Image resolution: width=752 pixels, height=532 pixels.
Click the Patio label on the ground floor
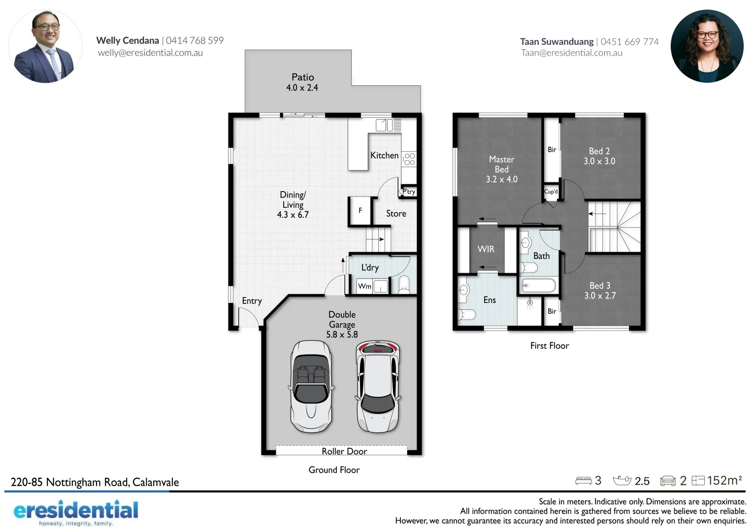coord(302,77)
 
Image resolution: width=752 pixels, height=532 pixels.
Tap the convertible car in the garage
coord(310,387)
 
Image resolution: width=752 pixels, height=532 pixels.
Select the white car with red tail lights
coord(378,387)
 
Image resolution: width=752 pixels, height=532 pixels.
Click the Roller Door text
coord(344,451)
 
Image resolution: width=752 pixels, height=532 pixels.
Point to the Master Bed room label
coord(501,165)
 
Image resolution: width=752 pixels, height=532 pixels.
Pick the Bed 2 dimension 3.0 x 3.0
coord(599,161)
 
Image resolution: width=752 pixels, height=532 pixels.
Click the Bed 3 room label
coord(600,286)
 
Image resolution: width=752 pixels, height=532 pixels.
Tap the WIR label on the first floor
coord(486,249)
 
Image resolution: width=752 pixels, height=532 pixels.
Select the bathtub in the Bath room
coord(538,285)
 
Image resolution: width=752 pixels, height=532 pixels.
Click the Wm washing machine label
coord(364,286)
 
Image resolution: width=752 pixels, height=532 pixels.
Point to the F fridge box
coord(360,211)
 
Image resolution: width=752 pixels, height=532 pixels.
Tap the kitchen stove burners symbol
coord(409,159)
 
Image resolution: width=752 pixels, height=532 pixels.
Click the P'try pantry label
coord(409,192)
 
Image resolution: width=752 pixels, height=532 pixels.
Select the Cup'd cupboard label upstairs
coord(551,192)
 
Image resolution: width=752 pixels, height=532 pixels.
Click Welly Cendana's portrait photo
coord(45,46)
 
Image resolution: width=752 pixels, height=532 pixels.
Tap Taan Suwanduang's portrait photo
coord(707,46)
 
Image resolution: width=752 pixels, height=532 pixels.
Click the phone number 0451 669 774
coord(629,42)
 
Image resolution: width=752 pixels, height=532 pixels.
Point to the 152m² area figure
coord(724,480)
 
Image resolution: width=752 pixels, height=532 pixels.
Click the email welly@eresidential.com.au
coord(150,53)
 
